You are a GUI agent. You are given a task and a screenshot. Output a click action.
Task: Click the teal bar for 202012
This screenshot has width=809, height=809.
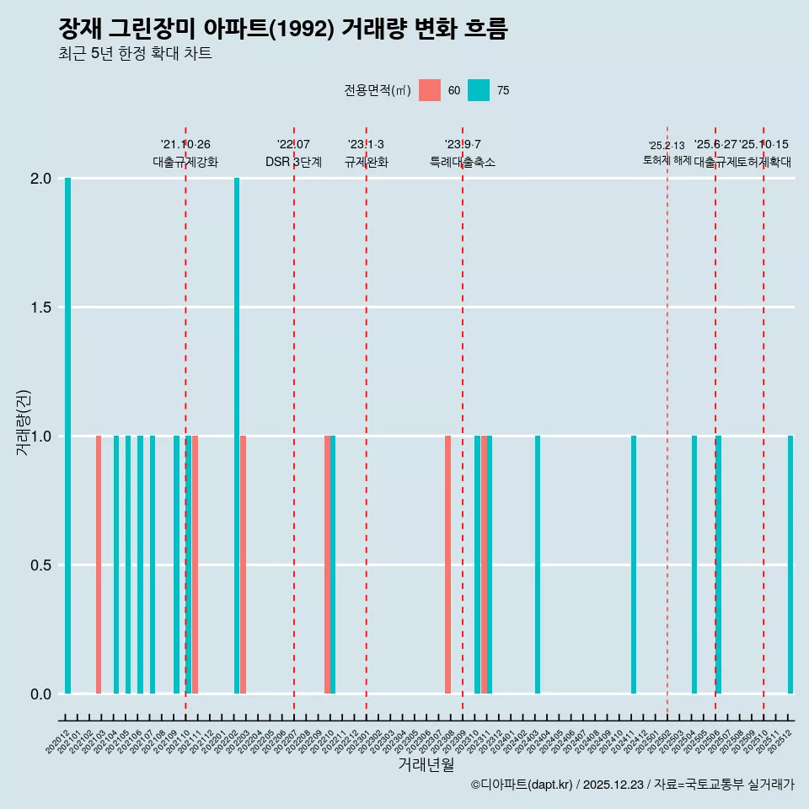(x=67, y=436)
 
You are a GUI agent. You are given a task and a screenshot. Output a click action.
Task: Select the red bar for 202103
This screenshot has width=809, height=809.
(x=99, y=565)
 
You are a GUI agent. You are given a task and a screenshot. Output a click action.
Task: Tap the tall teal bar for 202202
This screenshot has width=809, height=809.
(x=237, y=436)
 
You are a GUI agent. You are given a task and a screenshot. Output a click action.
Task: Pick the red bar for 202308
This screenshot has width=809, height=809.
(x=447, y=565)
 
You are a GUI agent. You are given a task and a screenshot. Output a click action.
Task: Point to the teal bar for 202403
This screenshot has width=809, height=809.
(x=538, y=565)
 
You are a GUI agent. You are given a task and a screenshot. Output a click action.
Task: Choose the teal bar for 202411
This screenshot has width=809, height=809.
(x=634, y=565)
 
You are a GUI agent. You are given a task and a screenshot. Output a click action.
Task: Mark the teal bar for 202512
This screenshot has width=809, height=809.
(x=790, y=565)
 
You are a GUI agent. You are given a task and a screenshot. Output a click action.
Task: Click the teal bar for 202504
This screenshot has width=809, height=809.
(x=694, y=565)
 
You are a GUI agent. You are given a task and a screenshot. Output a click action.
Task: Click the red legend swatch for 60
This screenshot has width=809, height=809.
(x=430, y=90)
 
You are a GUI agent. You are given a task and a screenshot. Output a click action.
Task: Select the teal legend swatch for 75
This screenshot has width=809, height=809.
(x=479, y=90)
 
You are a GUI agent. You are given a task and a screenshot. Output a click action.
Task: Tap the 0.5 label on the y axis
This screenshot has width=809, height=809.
(x=40, y=565)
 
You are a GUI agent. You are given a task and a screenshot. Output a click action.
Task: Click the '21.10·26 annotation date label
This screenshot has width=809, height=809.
(x=185, y=145)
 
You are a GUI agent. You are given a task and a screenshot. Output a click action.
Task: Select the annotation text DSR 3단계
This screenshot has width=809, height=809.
(x=293, y=163)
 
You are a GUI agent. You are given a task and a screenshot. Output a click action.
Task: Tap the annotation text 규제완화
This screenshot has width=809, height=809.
(x=367, y=163)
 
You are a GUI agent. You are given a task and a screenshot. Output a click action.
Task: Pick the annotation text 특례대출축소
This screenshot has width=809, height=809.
(x=463, y=163)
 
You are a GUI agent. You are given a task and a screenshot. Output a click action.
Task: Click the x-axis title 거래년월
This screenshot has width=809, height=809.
(x=426, y=764)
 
